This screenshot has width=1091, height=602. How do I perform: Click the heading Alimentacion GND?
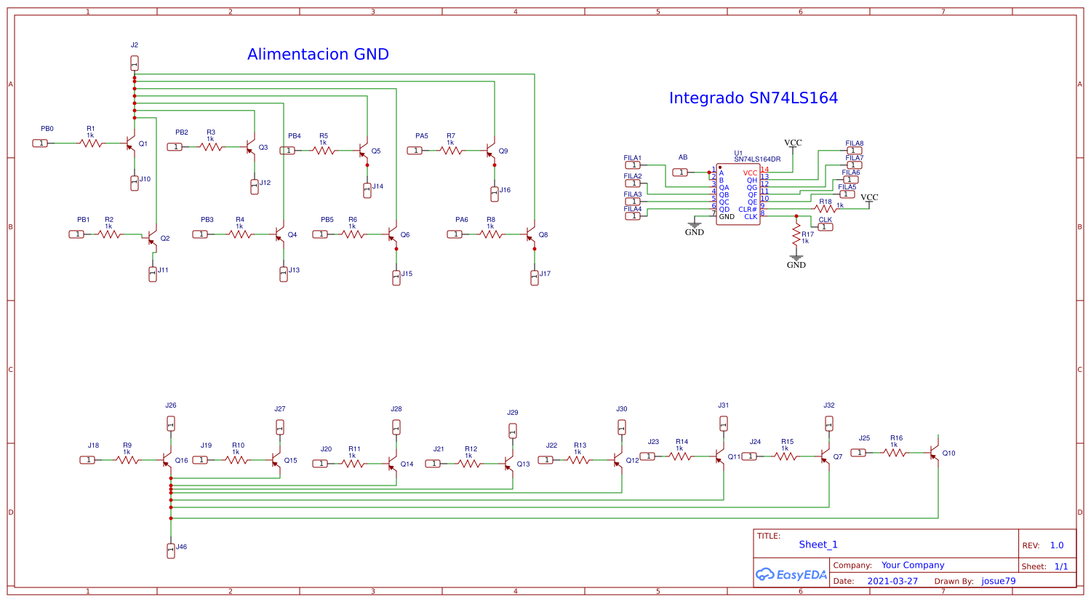tap(318, 55)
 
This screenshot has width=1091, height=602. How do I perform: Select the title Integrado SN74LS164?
tap(753, 98)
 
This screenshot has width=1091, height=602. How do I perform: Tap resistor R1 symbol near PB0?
tap(91, 143)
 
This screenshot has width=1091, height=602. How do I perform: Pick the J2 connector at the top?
tap(135, 63)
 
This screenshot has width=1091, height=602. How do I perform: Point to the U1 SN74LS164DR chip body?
tap(738, 194)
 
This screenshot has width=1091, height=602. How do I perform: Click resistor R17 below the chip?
tap(796, 234)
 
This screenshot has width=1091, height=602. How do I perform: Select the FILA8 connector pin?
tap(854, 151)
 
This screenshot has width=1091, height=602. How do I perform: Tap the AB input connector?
tap(681, 173)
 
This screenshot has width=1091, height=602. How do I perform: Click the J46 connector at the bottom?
tap(171, 550)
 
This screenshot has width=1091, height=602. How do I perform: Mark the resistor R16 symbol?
tap(895, 453)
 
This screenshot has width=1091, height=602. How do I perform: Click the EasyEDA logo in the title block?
tap(791, 574)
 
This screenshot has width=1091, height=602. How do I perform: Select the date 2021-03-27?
tap(892, 581)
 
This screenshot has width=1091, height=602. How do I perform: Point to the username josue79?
tap(998, 581)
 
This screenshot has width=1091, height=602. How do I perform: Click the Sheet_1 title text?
tap(818, 544)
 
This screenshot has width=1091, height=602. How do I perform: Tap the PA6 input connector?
tap(455, 234)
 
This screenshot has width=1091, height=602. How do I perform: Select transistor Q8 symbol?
tap(531, 234)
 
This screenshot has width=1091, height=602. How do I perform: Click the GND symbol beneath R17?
tap(796, 258)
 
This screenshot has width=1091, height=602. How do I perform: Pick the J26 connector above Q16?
tap(171, 423)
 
